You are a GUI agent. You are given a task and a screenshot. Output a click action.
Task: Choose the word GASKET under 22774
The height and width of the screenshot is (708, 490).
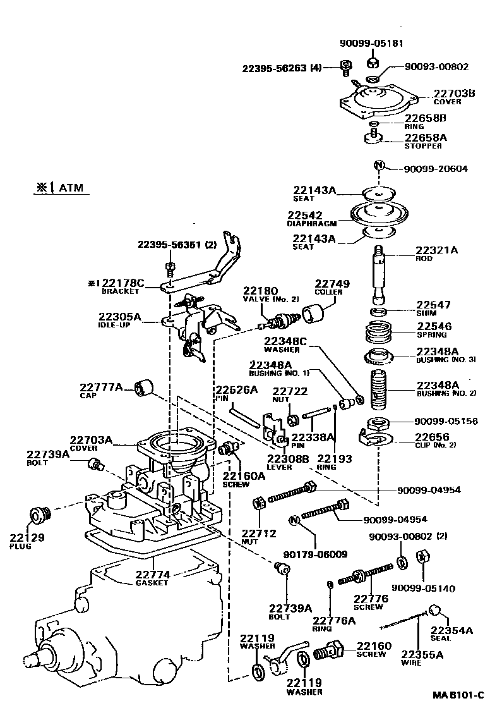pyautogui.click(x=152, y=583)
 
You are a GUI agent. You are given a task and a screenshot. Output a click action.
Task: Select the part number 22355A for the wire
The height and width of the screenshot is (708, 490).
pyautogui.click(x=422, y=654)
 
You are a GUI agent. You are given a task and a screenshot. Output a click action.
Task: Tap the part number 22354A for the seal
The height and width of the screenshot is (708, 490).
pyautogui.click(x=451, y=630)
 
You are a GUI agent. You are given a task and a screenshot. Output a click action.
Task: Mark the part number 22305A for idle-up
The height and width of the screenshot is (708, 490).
pyautogui.click(x=120, y=317)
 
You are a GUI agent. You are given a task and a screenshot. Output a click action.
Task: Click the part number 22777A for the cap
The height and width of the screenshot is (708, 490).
pyautogui.click(x=102, y=387)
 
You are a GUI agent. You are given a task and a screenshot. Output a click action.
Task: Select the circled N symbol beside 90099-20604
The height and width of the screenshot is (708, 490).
pyautogui.click(x=379, y=166)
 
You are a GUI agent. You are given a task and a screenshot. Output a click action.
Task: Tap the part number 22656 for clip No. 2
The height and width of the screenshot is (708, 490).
pyautogui.click(x=431, y=437)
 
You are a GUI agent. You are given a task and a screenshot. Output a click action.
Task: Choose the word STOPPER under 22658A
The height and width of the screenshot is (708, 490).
pyautogui.click(x=423, y=146)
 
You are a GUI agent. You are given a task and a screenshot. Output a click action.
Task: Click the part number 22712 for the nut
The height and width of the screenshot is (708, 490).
pyautogui.click(x=259, y=533)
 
